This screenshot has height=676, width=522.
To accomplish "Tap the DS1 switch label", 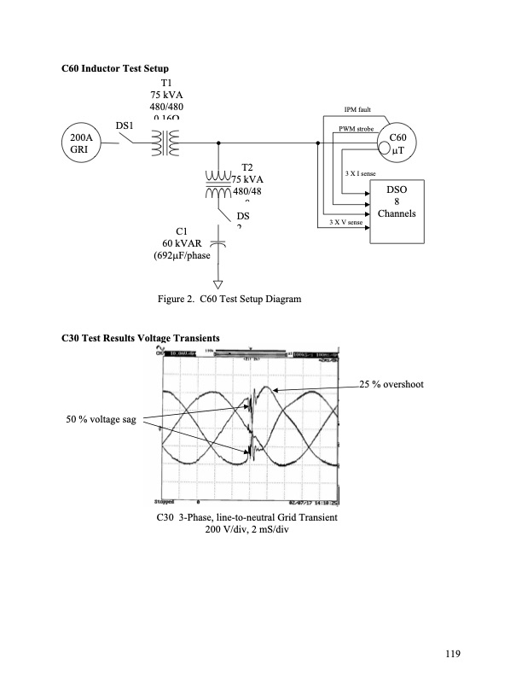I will click(125, 126).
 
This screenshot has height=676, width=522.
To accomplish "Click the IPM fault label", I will click(356, 110).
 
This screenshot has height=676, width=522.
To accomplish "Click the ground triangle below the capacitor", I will click(218, 286).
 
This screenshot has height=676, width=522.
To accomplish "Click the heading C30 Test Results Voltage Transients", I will click(141, 339).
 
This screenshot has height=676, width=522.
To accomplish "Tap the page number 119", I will click(452, 654).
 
